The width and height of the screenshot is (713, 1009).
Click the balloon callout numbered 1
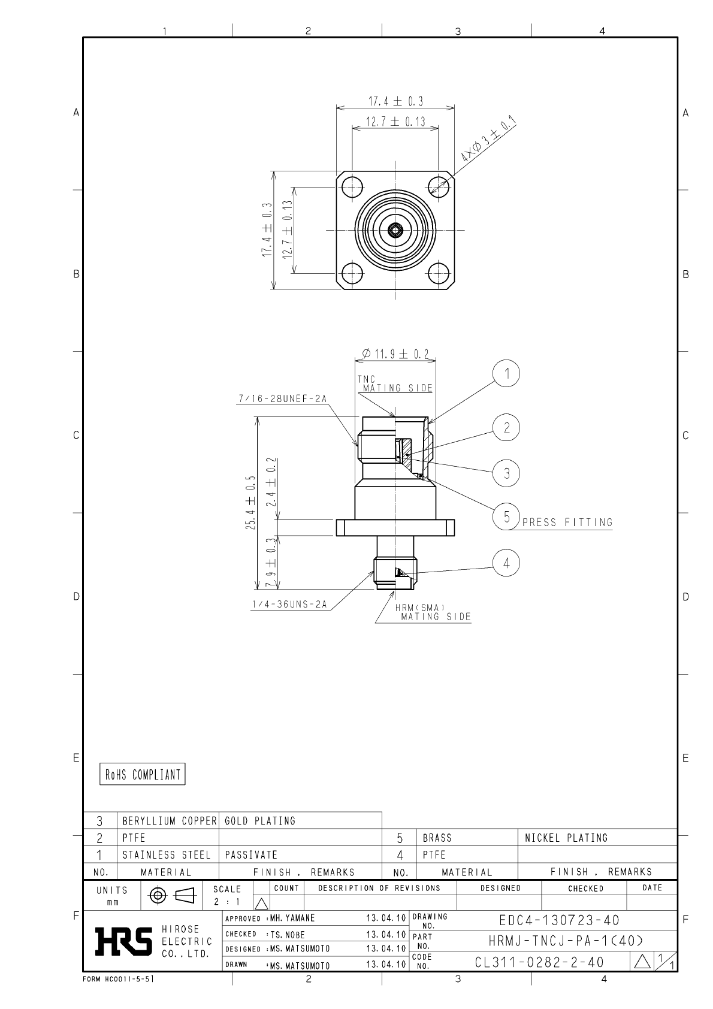(x=506, y=374)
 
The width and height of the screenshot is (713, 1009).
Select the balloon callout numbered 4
(x=506, y=563)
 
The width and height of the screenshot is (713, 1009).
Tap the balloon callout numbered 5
(x=506, y=516)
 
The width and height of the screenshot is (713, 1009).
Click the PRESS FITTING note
(x=567, y=522)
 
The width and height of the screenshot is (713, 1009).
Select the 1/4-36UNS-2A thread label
(x=289, y=605)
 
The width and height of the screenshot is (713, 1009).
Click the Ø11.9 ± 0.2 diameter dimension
(x=395, y=354)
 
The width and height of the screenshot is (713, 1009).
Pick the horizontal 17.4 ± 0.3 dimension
(x=395, y=101)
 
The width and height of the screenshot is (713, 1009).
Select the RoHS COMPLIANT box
(x=143, y=774)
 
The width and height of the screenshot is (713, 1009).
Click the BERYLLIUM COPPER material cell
(x=169, y=821)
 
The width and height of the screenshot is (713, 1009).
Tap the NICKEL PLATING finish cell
(x=566, y=838)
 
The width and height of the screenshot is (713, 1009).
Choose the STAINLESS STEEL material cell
(x=167, y=855)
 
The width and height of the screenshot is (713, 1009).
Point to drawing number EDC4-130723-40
(x=559, y=920)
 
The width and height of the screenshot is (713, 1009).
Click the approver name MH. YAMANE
(x=292, y=918)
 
